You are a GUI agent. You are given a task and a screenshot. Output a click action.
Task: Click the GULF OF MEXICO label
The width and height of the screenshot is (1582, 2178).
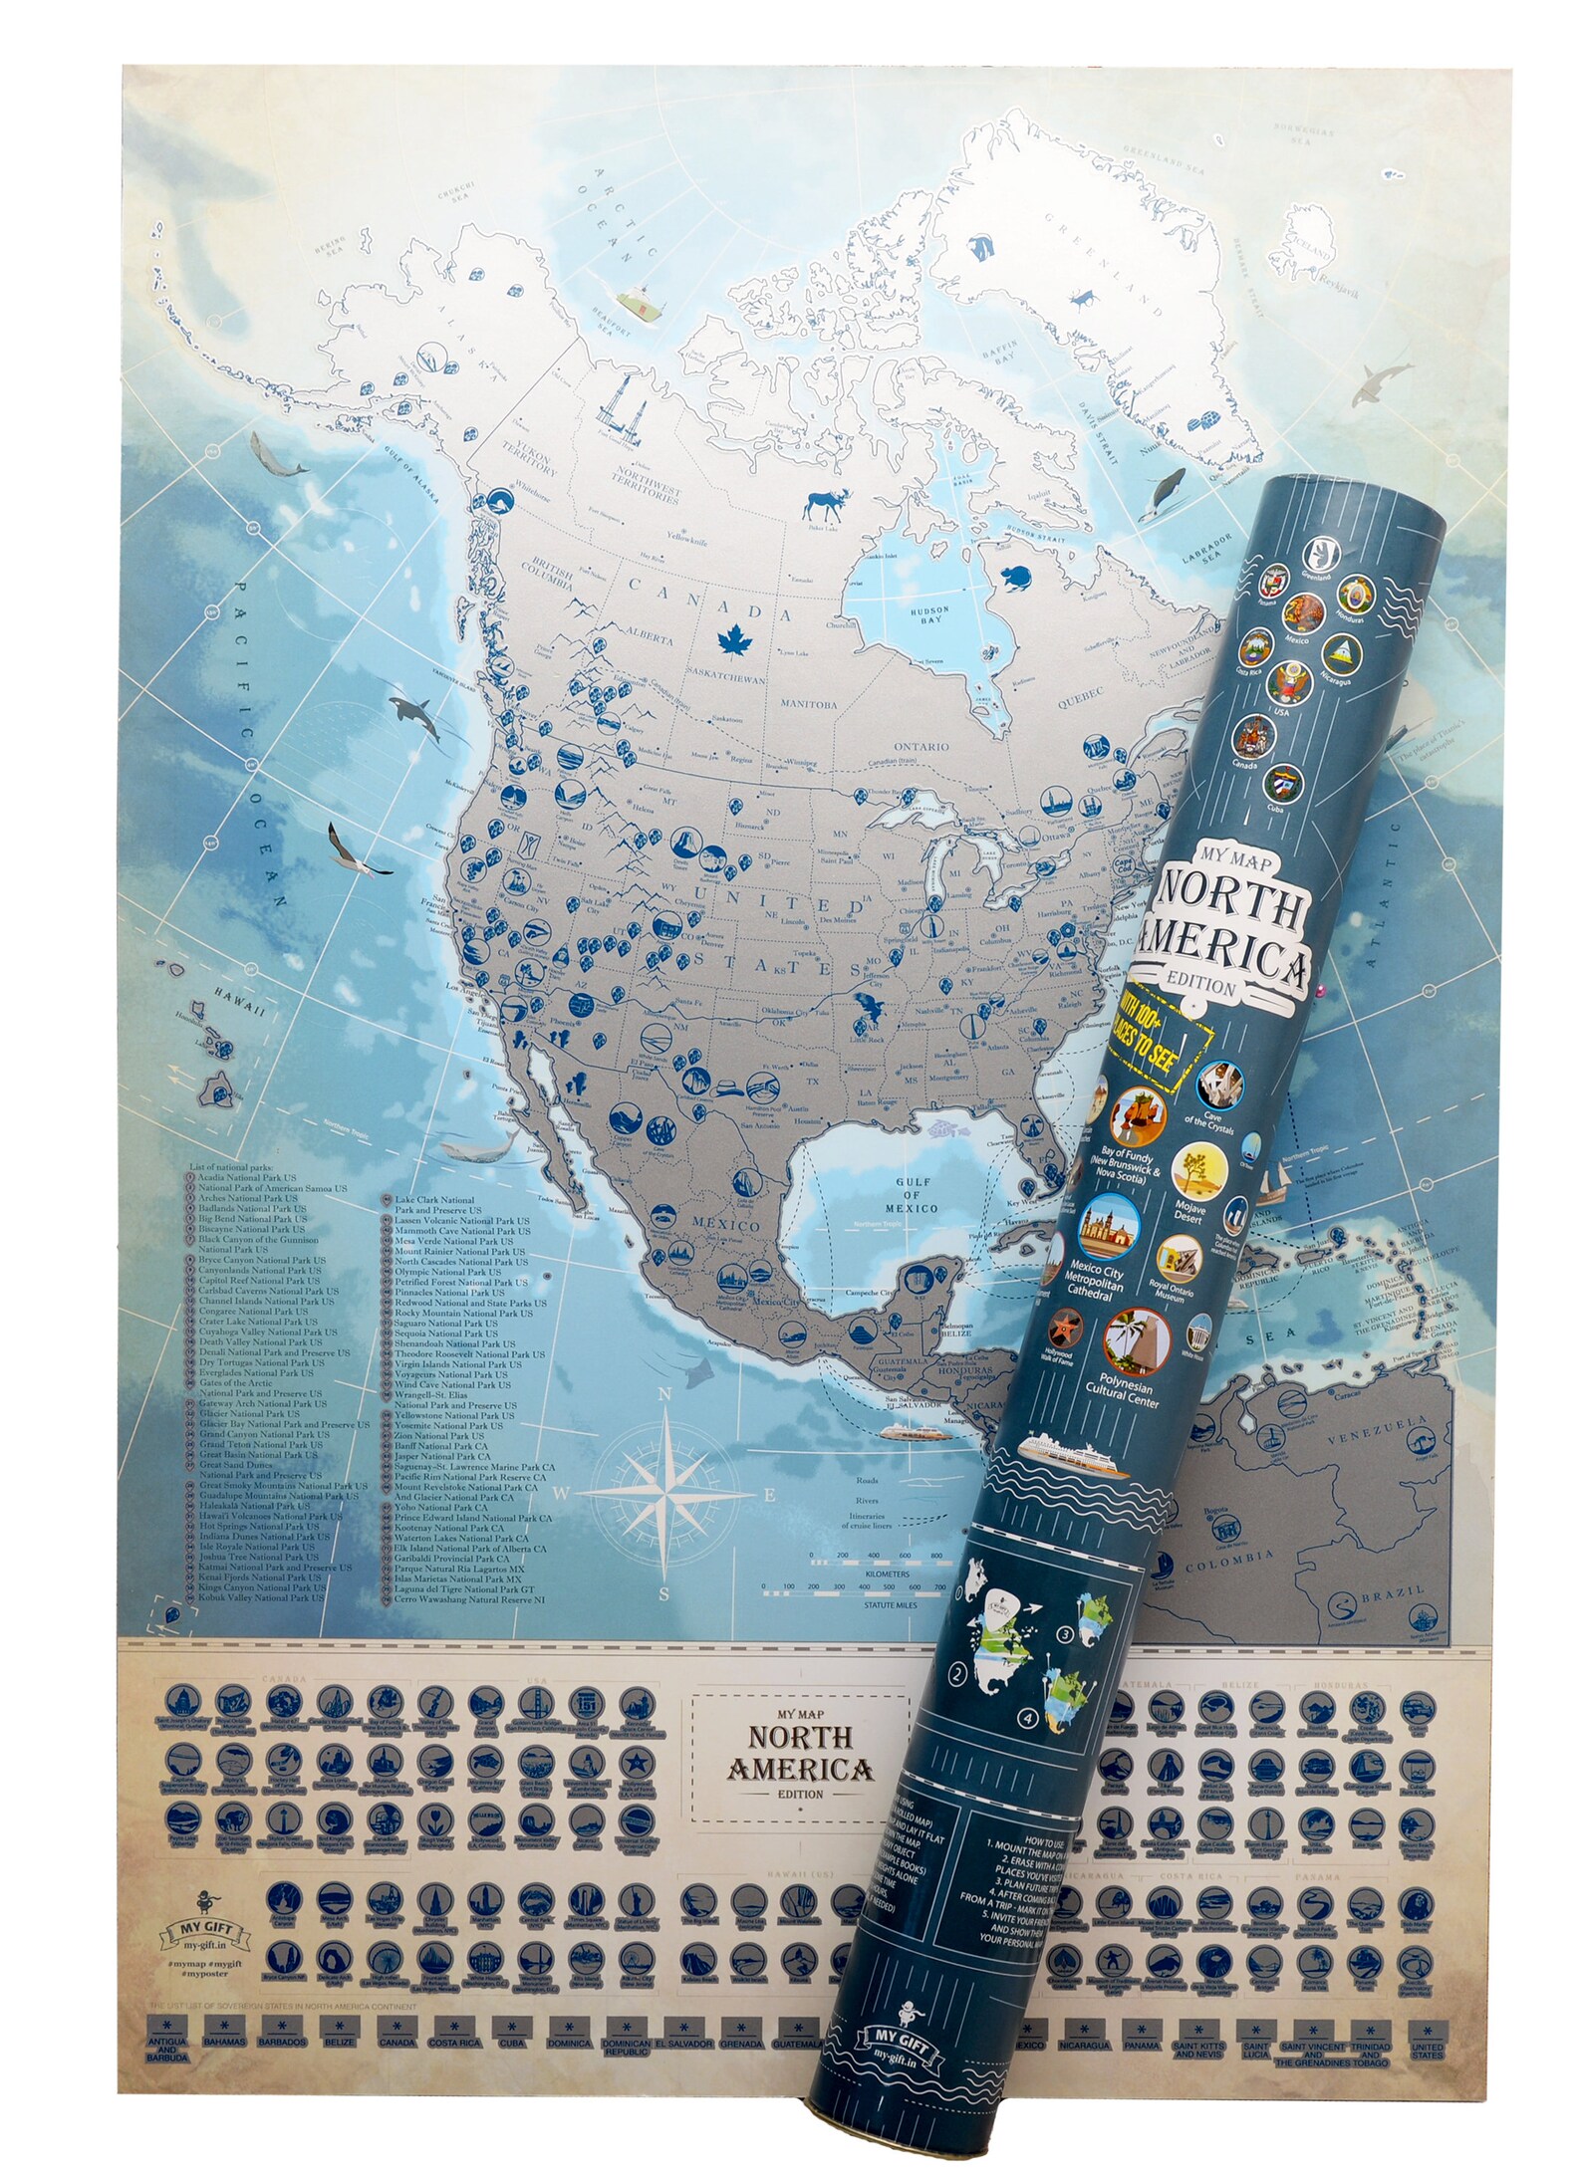[913, 1195]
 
